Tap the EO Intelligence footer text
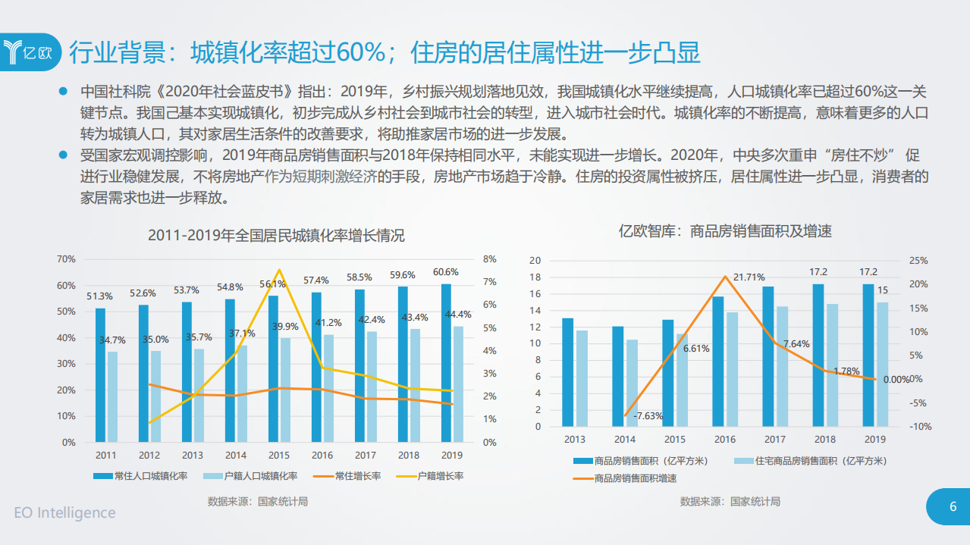pos(65,512)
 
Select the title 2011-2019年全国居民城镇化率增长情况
pos(276,236)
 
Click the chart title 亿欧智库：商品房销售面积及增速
pos(725,231)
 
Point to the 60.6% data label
pos(446,272)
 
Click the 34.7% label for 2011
pos(112,340)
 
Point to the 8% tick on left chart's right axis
pos(490,259)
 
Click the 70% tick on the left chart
pos(66,259)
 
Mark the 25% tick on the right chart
pos(918,261)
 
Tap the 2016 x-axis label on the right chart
pos(724,439)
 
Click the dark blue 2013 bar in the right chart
pos(567,372)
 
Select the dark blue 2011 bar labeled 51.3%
pos(100,374)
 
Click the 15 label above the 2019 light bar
pos(883,290)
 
